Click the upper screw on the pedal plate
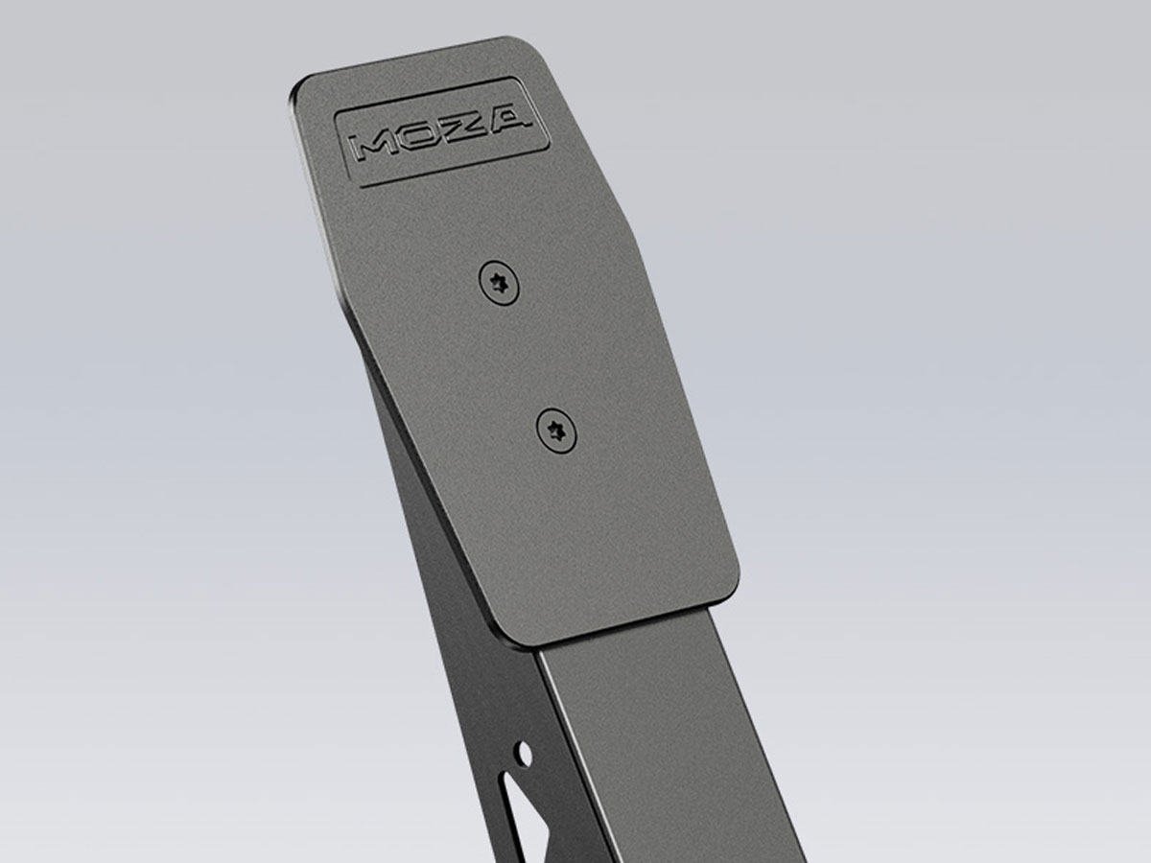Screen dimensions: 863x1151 click(500, 282)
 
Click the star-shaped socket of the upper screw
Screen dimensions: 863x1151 click(500, 282)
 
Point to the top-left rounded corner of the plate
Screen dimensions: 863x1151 click(299, 88)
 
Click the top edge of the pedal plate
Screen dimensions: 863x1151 click(412, 59)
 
